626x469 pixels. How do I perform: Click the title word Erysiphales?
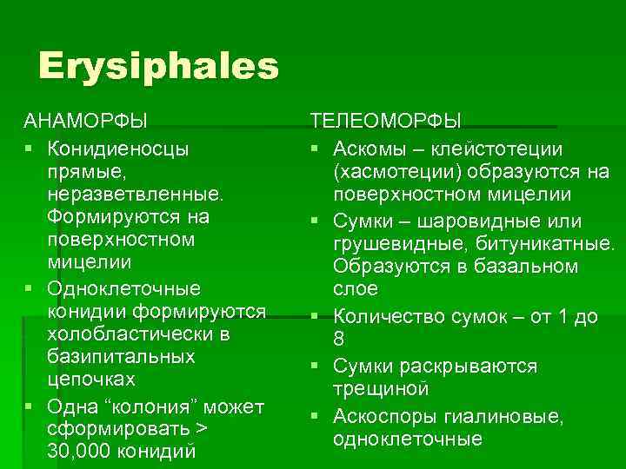click(158, 67)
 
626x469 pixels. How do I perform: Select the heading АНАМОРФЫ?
click(85, 120)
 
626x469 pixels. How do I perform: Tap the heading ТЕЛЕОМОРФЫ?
click(386, 120)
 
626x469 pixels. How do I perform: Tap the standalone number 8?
click(339, 340)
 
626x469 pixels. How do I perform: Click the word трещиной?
click(381, 387)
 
